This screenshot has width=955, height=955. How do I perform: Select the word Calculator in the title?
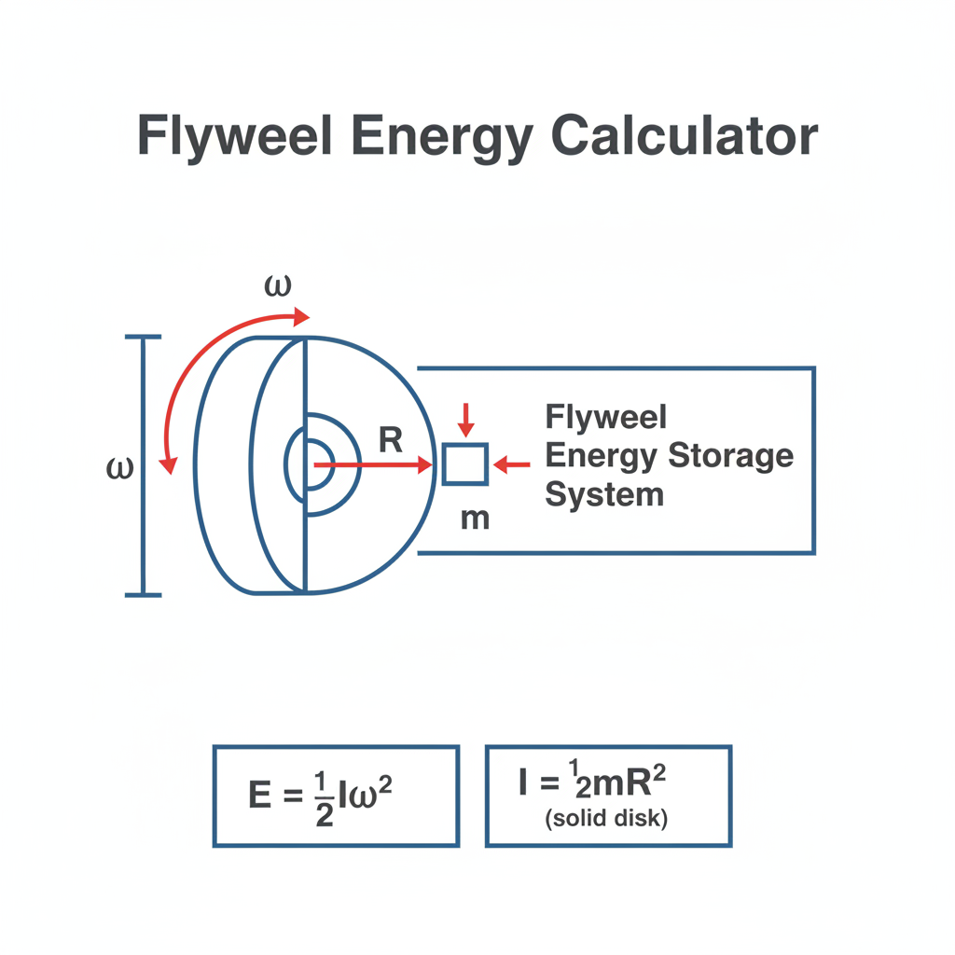(684, 135)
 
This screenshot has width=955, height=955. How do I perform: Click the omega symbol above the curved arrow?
(278, 285)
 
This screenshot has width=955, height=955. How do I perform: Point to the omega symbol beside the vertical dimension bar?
(119, 468)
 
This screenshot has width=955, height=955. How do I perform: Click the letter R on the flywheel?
(391, 440)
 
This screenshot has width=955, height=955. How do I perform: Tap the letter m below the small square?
(475, 519)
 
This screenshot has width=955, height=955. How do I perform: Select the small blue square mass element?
(465, 464)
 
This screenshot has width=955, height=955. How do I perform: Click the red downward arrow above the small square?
(466, 420)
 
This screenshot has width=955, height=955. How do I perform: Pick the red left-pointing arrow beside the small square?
(512, 464)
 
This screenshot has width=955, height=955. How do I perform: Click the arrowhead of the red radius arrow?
(425, 465)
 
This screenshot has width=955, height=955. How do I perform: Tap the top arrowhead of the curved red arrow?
(302, 317)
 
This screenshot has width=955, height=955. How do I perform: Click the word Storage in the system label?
(731, 455)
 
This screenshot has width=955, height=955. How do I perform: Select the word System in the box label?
(604, 494)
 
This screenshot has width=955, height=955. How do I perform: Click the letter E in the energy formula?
(260, 795)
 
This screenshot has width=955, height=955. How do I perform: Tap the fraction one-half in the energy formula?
(324, 798)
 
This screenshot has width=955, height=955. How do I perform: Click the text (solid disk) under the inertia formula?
(606, 818)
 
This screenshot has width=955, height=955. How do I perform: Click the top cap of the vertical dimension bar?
(143, 336)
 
